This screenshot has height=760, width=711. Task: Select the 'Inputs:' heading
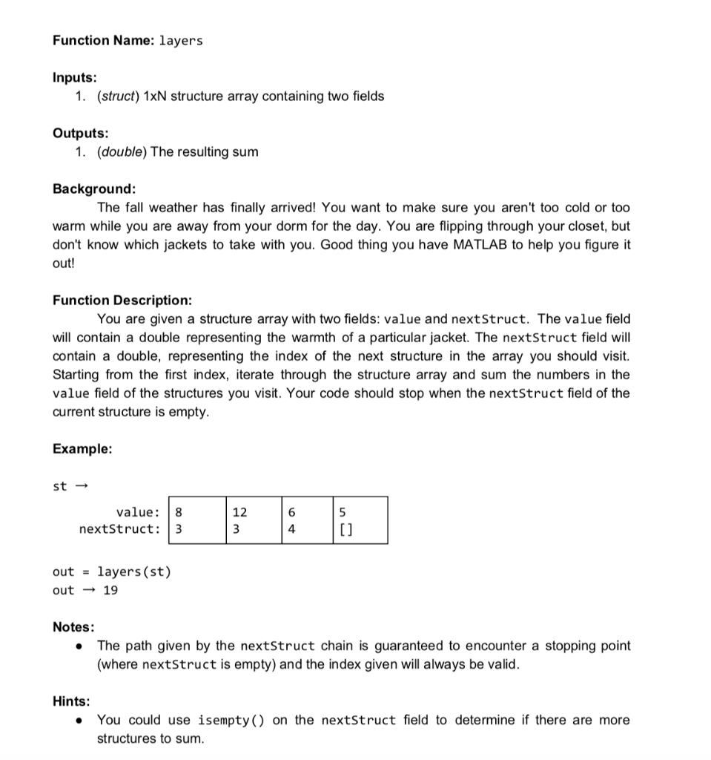point(74,77)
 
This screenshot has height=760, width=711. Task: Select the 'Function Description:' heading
point(122,300)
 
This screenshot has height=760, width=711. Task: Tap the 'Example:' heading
point(82,448)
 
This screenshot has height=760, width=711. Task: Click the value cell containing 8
point(178,511)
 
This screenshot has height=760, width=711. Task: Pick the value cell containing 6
point(291,511)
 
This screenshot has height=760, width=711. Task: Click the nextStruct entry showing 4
point(291,529)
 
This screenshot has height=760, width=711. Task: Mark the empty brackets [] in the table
point(345,529)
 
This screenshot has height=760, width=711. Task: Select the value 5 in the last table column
point(343,511)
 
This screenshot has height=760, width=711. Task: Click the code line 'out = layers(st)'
point(112,571)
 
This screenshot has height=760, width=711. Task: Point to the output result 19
point(110,590)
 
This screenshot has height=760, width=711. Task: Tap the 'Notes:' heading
point(73,627)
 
